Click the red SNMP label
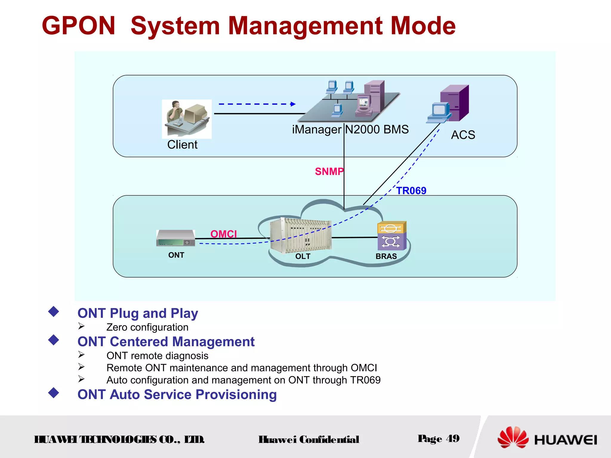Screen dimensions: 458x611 coord(329,172)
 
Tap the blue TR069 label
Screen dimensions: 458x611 coord(411,191)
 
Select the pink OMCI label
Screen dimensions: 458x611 coord(223,234)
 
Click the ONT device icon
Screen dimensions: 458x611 coord(176,238)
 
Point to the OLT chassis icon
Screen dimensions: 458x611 coord(300,235)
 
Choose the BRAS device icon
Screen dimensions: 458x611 coord(392,236)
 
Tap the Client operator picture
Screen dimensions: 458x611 coord(187,119)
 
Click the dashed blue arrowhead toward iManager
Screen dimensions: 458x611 coord(293,104)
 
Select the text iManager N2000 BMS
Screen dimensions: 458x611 coord(350,130)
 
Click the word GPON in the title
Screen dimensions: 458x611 coord(78,26)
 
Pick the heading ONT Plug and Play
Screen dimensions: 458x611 coord(138,313)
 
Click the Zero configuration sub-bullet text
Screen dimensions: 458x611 coord(147,327)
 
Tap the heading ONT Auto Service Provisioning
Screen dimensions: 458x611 coord(177,394)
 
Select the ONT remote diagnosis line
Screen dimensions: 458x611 coord(157,356)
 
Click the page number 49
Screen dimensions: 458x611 coord(453,439)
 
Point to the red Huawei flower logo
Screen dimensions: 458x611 coord(512,437)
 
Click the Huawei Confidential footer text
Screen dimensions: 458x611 coord(309,440)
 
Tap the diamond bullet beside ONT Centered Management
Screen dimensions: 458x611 coord(54,340)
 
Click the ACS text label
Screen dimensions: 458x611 coord(463,135)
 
